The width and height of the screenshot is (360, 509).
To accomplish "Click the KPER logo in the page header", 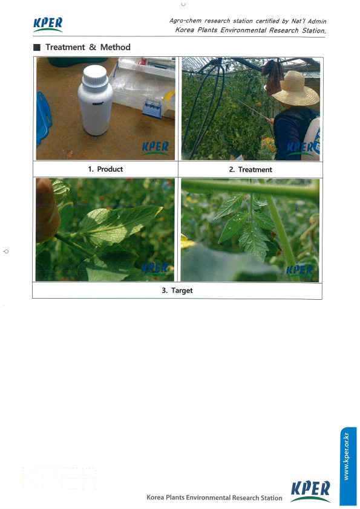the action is [48, 25].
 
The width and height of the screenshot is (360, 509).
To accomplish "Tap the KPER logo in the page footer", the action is [310, 491].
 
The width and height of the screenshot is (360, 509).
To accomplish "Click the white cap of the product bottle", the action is [95, 78].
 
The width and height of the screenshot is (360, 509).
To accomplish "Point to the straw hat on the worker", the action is [295, 89].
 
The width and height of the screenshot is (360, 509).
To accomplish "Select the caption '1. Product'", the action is [105, 169].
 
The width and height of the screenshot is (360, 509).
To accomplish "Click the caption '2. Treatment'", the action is [250, 169].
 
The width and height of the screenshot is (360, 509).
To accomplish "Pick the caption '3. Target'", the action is [177, 290].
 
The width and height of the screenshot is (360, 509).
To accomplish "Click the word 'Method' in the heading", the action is [116, 47].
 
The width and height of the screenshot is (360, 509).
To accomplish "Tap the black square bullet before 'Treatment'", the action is [37, 47].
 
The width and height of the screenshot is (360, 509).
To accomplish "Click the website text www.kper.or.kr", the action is [346, 456].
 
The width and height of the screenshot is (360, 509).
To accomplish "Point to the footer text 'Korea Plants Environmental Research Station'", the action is [214, 498].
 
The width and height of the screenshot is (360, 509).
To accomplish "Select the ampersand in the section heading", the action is [93, 47].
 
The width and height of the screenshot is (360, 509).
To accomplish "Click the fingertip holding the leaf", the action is [47, 211].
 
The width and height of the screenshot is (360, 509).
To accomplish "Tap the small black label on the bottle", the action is [97, 104].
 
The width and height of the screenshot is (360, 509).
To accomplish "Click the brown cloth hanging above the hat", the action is [273, 76].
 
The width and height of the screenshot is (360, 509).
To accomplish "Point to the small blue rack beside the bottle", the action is [152, 108].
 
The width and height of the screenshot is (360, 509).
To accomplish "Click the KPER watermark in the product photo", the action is [155, 148].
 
